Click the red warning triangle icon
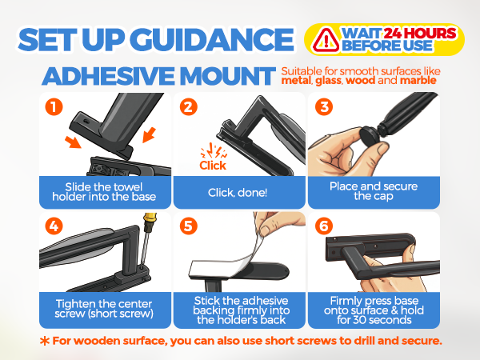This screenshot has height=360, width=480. point(326,40)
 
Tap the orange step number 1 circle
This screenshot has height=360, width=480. point(54,107)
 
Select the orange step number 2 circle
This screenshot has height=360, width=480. point(189,107)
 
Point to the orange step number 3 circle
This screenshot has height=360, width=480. point(324,107)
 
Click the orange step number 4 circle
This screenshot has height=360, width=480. point(54,226)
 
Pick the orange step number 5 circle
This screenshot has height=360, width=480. point(189,226)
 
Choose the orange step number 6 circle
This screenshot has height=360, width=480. point(324,226)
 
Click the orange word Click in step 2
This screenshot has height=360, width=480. point(213,166)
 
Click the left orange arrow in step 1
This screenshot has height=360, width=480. point(73,142)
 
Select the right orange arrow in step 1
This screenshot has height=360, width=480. point(149,134)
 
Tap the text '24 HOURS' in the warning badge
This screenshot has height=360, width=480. point(420,34)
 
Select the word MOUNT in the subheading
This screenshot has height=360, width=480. point(227,76)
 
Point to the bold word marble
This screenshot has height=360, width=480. point(418,81)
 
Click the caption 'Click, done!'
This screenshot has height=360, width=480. point(238,193)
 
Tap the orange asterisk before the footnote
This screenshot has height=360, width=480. point(45,341)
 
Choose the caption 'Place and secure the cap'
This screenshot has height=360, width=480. point(374,191)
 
